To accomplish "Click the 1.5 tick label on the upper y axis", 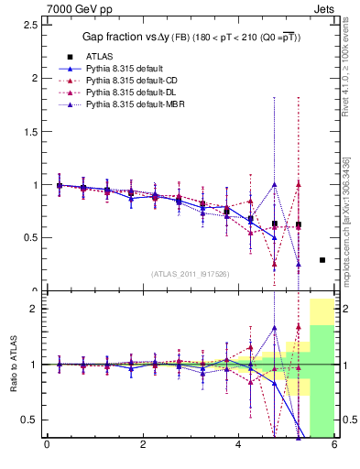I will point(28,131).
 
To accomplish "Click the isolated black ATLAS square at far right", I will point(322,260).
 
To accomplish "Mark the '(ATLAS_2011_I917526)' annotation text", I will point(191,274).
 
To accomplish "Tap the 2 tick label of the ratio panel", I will point(32,309).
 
